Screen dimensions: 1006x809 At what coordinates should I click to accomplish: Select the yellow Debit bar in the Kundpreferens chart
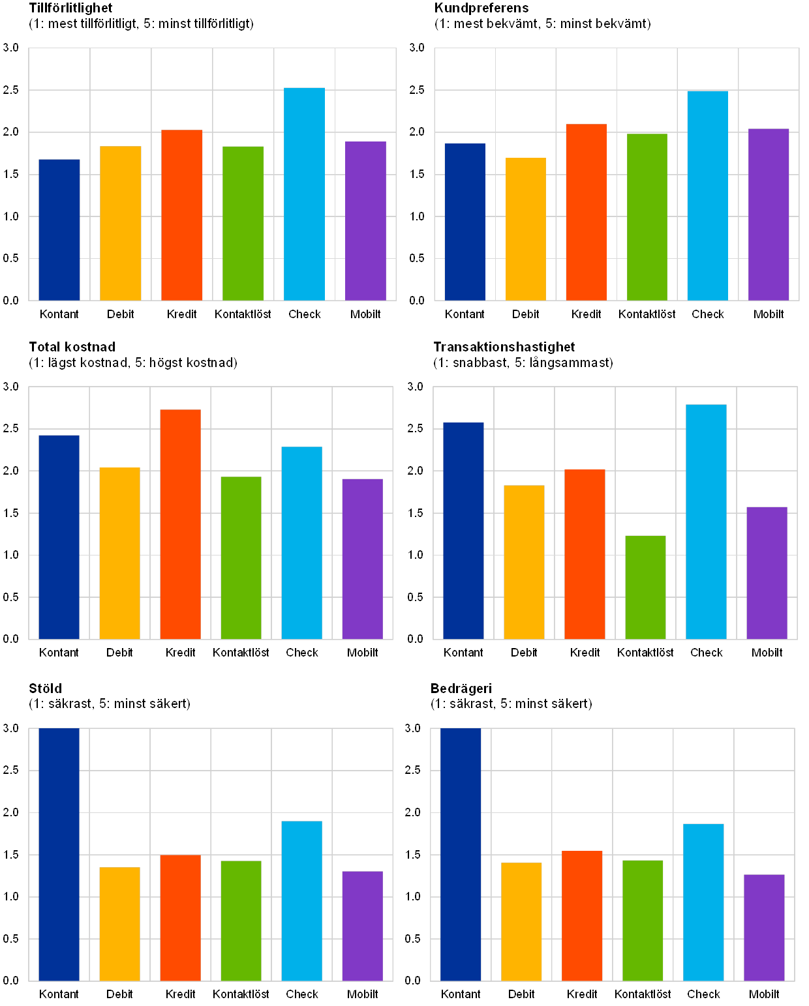[x=526, y=229]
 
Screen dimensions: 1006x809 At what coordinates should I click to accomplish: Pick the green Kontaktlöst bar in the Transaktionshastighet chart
[x=645, y=587]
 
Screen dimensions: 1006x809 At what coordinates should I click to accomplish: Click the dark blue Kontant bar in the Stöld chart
[x=59, y=854]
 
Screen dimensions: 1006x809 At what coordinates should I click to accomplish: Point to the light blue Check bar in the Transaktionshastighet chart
[x=706, y=522]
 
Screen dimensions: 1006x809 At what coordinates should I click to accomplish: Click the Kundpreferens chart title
[x=483, y=8]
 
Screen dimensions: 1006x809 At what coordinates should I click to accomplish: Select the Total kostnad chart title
[x=72, y=348]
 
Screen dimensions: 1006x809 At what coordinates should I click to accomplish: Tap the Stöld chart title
[x=46, y=688]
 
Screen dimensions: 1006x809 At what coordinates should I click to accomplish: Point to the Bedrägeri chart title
[x=461, y=688]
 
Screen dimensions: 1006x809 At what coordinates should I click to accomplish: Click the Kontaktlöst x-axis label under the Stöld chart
[x=241, y=994]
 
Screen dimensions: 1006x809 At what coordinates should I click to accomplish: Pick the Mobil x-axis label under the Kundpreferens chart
[x=769, y=314]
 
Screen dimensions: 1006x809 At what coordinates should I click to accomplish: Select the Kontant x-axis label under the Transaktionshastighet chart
[x=463, y=653]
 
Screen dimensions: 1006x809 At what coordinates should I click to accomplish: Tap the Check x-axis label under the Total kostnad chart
[x=302, y=653]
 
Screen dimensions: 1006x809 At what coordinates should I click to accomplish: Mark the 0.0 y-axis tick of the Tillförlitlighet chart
[x=12, y=300]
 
